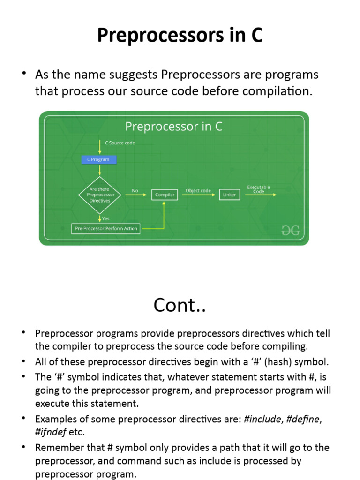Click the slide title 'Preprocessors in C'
[x=180, y=36]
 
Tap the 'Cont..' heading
[x=180, y=305]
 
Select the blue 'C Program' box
[x=98, y=159]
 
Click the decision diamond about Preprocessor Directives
[x=99, y=195]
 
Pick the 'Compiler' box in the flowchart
[x=165, y=195]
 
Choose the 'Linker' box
[x=229, y=195]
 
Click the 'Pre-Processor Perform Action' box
[x=106, y=229]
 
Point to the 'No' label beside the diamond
[x=135, y=190]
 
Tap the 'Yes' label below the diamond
[x=106, y=218]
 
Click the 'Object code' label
[x=198, y=190]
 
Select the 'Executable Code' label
[x=259, y=189]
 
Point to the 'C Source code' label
[x=120, y=142]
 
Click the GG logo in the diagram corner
[x=290, y=230]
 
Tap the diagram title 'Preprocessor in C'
[x=173, y=126]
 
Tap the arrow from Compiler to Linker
[x=198, y=195]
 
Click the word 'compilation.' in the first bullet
[x=283, y=91]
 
